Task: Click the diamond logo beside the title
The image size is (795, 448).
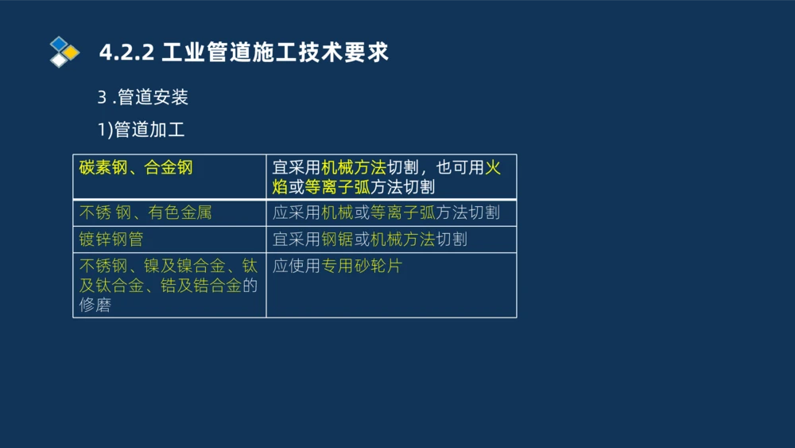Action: point(64,52)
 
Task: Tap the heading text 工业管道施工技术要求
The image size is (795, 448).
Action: point(275,53)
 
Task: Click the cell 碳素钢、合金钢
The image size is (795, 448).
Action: point(136,167)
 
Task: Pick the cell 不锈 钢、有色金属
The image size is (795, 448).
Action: point(145,212)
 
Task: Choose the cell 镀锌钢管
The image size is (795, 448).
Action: point(111,239)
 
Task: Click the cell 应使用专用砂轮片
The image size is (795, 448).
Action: point(337,266)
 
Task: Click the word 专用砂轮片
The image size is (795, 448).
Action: point(362,266)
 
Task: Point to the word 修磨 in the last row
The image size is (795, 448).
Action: point(95,305)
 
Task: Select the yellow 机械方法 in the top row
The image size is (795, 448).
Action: point(354,167)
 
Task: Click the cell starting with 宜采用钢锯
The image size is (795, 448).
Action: point(370,239)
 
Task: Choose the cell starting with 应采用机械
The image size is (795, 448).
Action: point(386,212)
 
